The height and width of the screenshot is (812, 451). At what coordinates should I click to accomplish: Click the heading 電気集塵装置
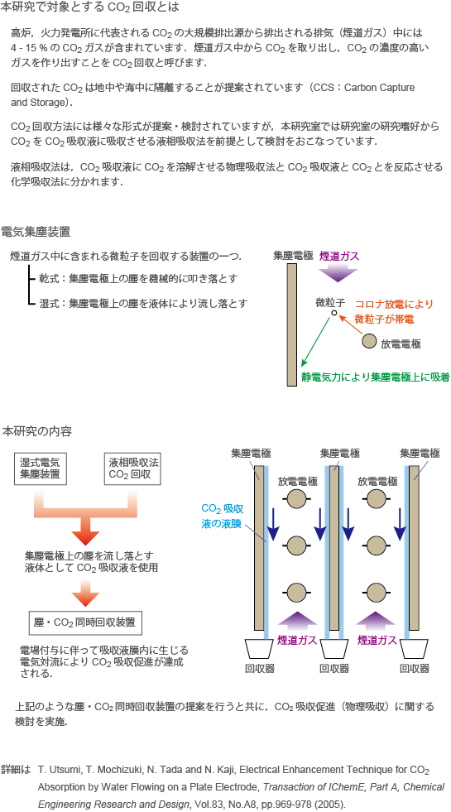click(36, 231)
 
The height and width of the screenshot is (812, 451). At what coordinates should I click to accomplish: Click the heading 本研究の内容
click(36, 431)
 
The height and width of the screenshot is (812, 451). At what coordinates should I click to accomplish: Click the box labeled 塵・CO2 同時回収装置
click(85, 623)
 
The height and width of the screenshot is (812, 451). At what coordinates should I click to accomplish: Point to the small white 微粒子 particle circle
click(334, 313)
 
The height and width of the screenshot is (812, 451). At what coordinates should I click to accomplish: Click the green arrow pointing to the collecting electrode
click(316, 341)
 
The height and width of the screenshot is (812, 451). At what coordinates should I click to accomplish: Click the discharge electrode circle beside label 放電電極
click(369, 341)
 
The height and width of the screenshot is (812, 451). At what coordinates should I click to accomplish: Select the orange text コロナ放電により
click(394, 304)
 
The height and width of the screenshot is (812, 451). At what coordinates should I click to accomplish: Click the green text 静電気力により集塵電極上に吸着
click(376, 377)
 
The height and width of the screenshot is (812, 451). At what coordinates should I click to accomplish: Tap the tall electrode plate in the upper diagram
click(292, 324)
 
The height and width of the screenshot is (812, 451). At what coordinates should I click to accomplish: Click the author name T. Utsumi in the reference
click(56, 770)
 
